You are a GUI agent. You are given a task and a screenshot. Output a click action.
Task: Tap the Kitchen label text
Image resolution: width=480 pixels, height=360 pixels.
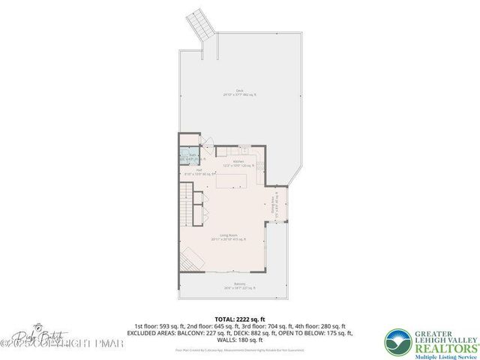point(238,162)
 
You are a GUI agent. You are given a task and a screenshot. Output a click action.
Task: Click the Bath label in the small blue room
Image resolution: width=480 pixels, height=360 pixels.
point(193,156)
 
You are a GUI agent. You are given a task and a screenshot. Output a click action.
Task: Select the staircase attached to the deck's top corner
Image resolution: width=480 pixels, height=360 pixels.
point(203,25)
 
